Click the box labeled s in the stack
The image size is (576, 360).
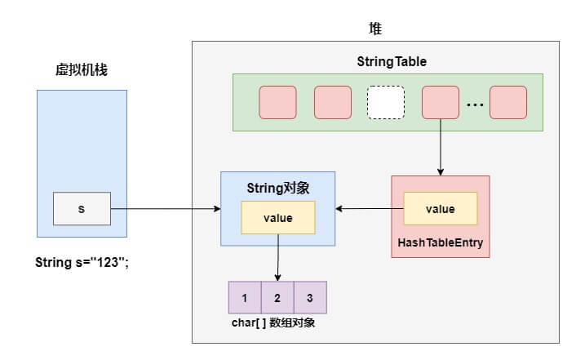(x=82, y=209)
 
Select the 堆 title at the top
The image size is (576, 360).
(x=375, y=29)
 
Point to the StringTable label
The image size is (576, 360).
(x=392, y=62)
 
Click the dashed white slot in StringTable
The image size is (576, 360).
(x=386, y=102)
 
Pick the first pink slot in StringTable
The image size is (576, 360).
(x=278, y=102)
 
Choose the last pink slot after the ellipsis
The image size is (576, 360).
(x=508, y=102)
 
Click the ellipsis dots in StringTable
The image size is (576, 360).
(x=475, y=104)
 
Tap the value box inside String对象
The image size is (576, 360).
(x=277, y=218)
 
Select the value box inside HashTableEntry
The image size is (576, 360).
(x=441, y=209)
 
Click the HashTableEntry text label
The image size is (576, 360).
(x=441, y=242)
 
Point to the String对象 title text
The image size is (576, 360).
(x=277, y=188)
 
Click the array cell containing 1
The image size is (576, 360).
(x=245, y=298)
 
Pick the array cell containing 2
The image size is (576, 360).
(x=277, y=298)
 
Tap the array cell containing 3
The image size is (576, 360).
(x=310, y=298)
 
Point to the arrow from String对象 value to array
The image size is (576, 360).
(x=277, y=257)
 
